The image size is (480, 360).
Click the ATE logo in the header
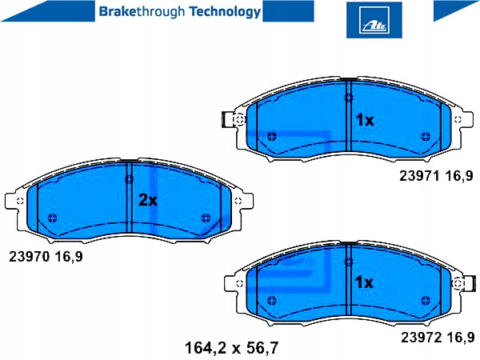coord(374,20)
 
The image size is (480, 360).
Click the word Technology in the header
coord(225,12)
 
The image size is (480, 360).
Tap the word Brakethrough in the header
coord(142,12)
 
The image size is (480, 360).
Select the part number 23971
coord(419,176)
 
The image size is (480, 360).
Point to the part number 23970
coord(29,257)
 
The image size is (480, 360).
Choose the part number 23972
coord(422,338)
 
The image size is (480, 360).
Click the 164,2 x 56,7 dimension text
coord(232,348)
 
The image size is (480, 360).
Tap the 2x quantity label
coord(148,201)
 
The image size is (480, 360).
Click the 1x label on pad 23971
coord(365,120)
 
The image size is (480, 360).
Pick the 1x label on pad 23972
coord(364,282)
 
